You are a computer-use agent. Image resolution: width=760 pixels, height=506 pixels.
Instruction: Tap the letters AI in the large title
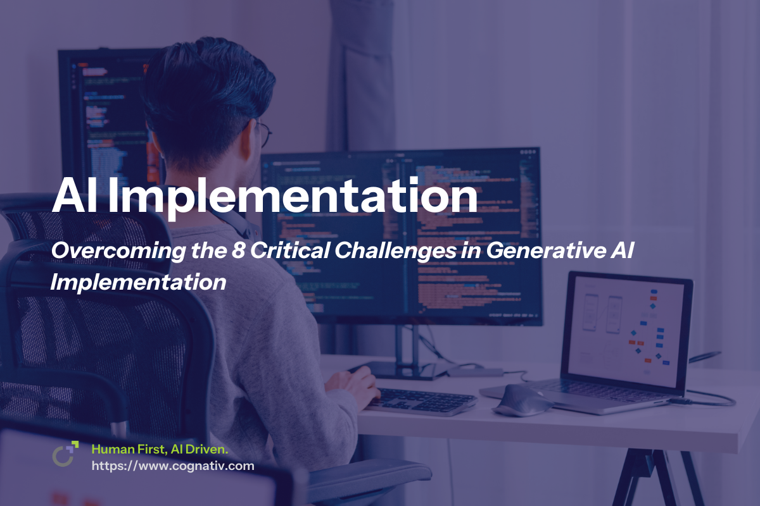tap(76, 195)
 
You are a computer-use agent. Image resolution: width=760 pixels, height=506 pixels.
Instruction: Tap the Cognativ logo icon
tap(65, 454)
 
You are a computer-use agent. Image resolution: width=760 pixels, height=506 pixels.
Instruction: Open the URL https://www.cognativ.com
tap(173, 466)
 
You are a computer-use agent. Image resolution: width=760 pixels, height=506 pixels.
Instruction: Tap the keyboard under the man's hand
tap(431, 400)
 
